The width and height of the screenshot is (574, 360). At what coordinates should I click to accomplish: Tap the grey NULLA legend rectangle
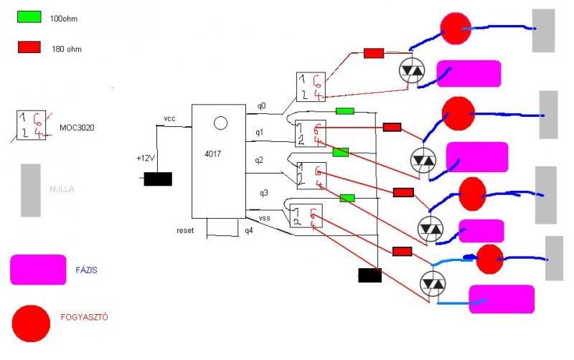coord(31,190)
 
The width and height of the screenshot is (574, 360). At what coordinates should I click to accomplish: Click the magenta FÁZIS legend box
coord(38,270)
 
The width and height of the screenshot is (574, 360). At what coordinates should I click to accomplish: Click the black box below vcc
coord(158,179)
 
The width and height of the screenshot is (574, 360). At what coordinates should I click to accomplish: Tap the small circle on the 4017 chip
coord(221,123)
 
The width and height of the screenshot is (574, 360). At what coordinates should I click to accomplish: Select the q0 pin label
coord(261,106)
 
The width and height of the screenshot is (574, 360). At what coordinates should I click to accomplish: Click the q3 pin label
coord(263,192)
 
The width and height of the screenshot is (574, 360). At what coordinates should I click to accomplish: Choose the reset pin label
coord(186,230)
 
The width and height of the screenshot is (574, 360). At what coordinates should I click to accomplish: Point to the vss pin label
coord(263,216)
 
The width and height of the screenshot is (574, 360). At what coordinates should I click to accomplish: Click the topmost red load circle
coord(453,28)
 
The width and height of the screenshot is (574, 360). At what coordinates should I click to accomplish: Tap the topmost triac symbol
coord(412,70)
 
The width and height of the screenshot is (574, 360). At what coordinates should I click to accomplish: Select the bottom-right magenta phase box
coord(501,299)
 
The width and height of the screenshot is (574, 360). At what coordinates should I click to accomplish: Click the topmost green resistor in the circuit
coord(345,111)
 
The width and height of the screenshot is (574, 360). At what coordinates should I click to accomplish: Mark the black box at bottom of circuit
coord(370,275)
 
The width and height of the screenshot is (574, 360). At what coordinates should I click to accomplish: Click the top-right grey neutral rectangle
coord(544,30)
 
